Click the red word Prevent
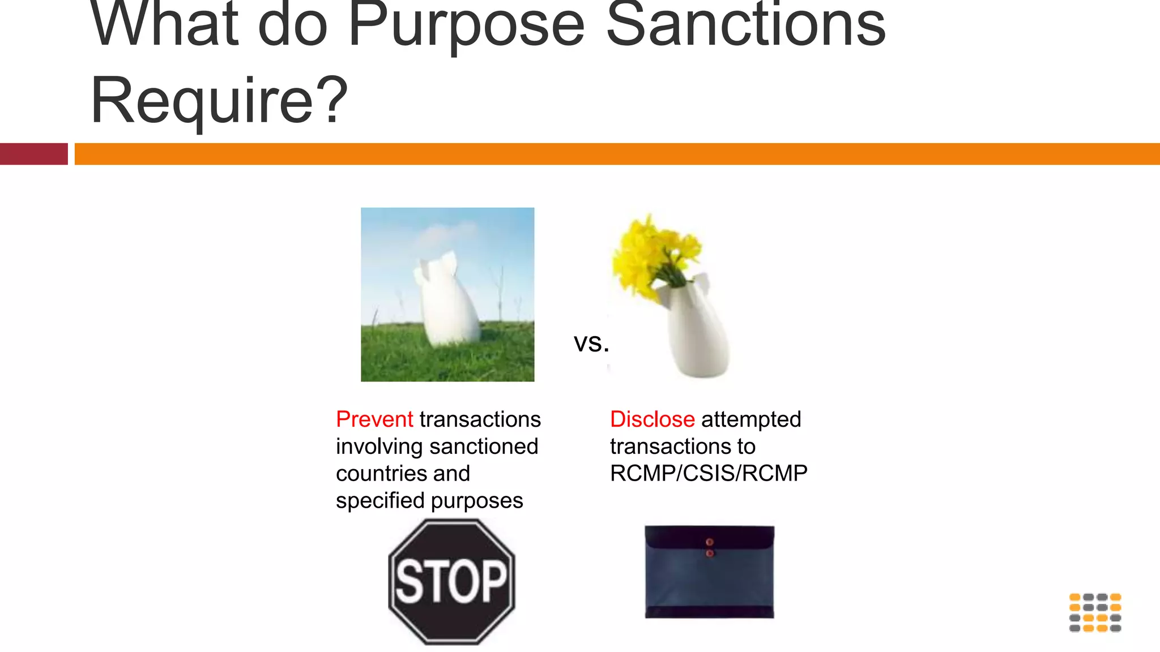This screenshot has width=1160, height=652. pyautogui.click(x=374, y=419)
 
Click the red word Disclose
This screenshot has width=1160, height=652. pyautogui.click(x=652, y=419)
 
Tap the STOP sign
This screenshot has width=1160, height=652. pyautogui.click(x=451, y=581)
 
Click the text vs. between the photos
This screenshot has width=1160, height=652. pyautogui.click(x=591, y=343)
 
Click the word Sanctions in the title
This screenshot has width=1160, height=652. pyautogui.click(x=745, y=25)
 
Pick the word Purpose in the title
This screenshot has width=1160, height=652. pyautogui.click(x=466, y=25)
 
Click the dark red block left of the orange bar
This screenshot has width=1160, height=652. pyautogui.click(x=33, y=154)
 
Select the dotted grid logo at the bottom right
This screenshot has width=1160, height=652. pyautogui.click(x=1095, y=612)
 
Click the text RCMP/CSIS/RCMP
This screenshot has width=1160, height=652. pyautogui.click(x=709, y=473)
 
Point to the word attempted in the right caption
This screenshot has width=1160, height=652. pyautogui.click(x=751, y=419)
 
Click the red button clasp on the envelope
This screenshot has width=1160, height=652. pyautogui.click(x=709, y=542)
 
